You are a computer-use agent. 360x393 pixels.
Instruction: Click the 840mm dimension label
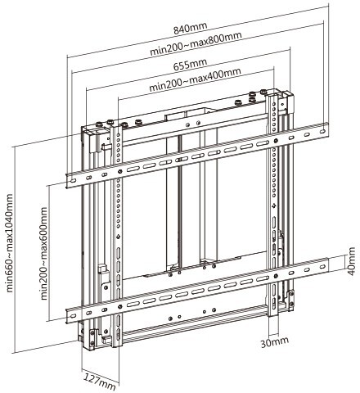[x=190, y=28]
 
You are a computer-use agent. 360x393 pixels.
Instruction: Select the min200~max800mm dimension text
[x=196, y=43]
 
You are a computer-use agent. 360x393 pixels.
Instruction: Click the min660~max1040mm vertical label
[x=9, y=243]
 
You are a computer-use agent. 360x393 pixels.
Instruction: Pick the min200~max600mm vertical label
[x=43, y=254]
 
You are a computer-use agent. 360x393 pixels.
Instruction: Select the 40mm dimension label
[x=351, y=261]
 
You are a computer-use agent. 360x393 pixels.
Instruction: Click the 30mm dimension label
[x=274, y=342]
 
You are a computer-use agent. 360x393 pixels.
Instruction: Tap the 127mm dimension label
[x=100, y=381]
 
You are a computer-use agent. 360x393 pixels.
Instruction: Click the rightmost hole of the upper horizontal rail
[x=323, y=131]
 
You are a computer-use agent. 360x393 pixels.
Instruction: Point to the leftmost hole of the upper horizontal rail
[x=73, y=181]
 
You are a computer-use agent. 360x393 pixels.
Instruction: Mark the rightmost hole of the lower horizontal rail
[x=323, y=266]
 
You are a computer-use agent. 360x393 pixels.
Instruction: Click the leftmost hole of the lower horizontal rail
[x=73, y=316]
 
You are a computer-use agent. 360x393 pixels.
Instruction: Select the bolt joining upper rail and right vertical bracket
[x=276, y=141]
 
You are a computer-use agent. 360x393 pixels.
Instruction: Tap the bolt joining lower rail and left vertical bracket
[x=120, y=306]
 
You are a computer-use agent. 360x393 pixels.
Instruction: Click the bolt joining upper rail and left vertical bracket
[x=120, y=172]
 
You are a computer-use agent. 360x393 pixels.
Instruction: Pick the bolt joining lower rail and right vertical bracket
[x=276, y=276]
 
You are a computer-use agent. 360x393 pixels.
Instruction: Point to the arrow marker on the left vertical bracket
[x=118, y=236]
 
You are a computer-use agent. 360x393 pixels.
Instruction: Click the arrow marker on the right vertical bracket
[x=274, y=206]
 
